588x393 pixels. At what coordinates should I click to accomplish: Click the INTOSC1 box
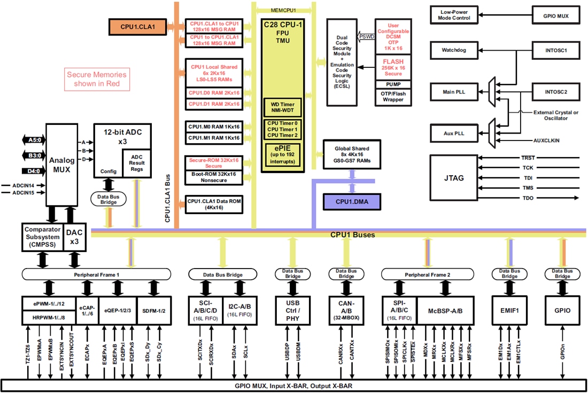coord(556,51)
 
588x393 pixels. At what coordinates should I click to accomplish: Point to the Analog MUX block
coord(61,164)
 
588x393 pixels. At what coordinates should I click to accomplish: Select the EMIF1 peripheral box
coord(509,310)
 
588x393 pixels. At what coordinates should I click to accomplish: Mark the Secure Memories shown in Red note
coord(97,79)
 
